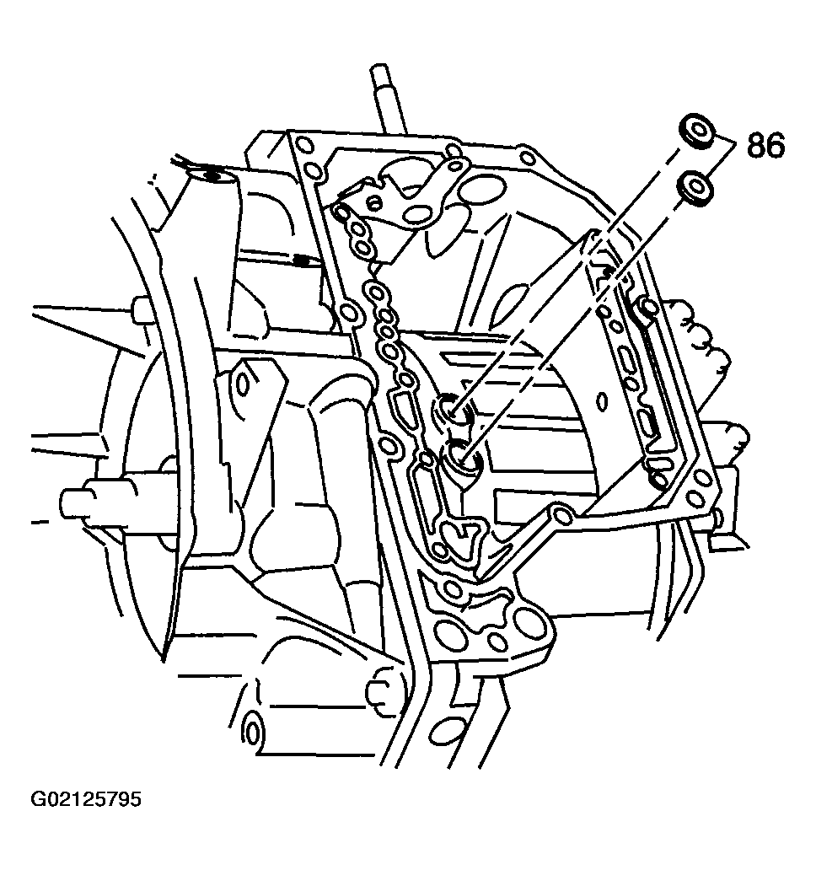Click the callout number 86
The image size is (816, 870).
pyautogui.click(x=765, y=145)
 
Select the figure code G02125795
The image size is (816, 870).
pyautogui.click(x=86, y=799)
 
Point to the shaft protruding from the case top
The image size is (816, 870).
pyautogui.click(x=390, y=99)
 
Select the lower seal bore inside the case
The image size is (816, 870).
pyautogui.click(x=462, y=456)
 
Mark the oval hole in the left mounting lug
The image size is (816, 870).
pyautogui.click(x=244, y=382)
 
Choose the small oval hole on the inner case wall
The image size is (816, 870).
pyautogui.click(x=602, y=403)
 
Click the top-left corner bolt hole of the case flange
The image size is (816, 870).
pyautogui.click(x=304, y=147)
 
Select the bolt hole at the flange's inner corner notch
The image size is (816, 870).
pyautogui.click(x=561, y=516)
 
